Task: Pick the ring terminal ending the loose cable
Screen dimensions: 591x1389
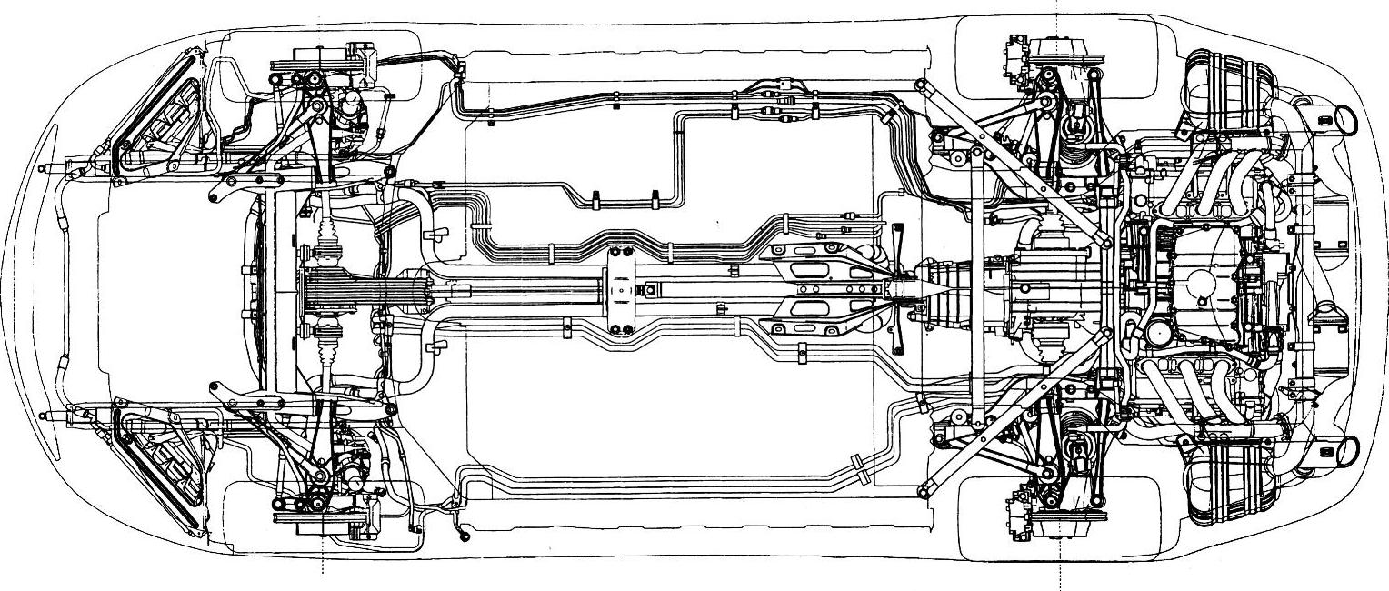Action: (465, 536)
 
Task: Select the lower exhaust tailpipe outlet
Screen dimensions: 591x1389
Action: (1344, 450)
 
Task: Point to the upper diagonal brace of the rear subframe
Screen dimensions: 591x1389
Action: (1014, 164)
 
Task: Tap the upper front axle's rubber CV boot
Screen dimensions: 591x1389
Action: (328, 242)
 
